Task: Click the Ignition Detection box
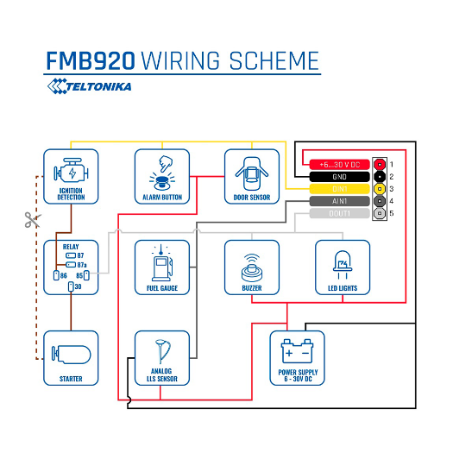[x=71, y=177]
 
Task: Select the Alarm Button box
[x=161, y=177]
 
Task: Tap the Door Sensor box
[x=251, y=177]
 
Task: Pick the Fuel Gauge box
[x=161, y=267]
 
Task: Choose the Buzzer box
[x=251, y=267]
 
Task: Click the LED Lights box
[x=342, y=267]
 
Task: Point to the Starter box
[x=71, y=357]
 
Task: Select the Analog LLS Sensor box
[x=161, y=357]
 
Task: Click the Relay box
[x=71, y=267]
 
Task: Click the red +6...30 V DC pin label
[x=339, y=164]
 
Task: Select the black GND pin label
[x=339, y=176]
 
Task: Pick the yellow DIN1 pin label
[x=339, y=188]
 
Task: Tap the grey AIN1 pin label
[x=339, y=200]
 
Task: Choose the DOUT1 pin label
[x=339, y=212]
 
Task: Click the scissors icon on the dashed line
[x=32, y=220]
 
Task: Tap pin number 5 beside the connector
[x=391, y=212]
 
